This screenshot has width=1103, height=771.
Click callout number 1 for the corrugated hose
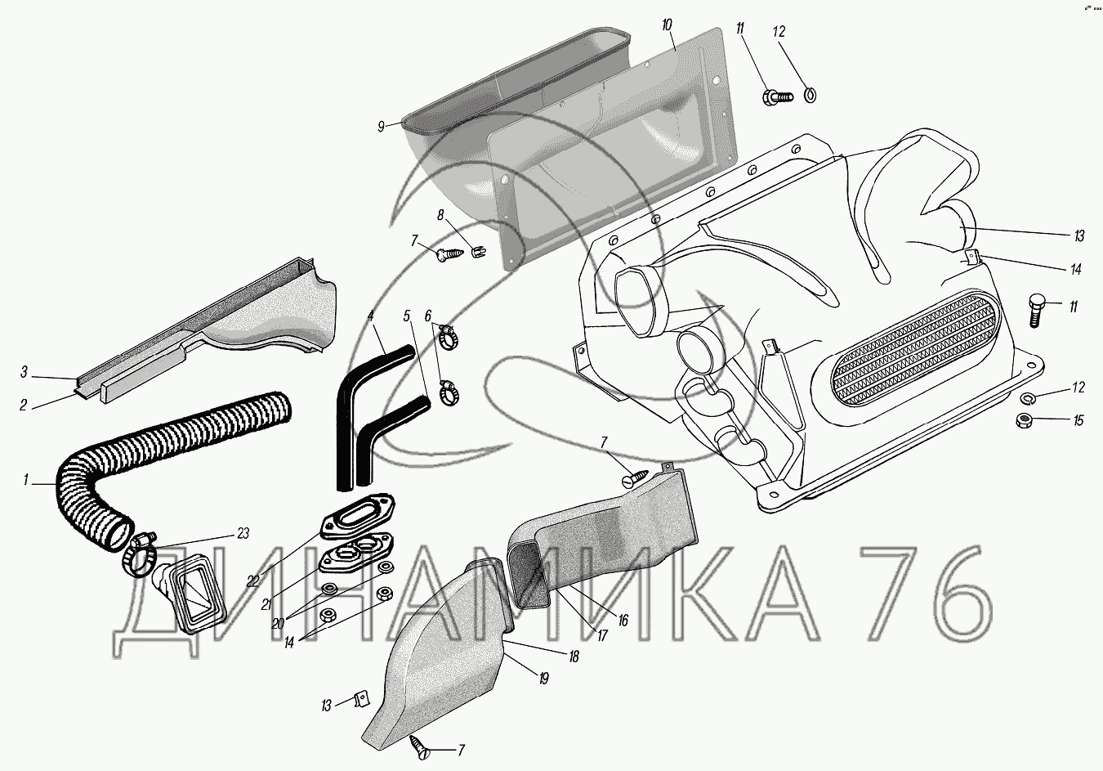click(x=27, y=482)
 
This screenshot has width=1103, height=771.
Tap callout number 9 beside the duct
click(x=381, y=126)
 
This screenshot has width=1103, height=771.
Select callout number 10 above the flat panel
click(x=667, y=25)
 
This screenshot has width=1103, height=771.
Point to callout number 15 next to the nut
click(x=1078, y=420)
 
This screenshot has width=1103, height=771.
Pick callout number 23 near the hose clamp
click(x=243, y=533)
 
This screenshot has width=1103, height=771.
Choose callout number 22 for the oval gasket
click(x=253, y=580)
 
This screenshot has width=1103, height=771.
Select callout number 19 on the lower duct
click(x=543, y=678)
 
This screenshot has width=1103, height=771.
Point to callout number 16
click(x=623, y=621)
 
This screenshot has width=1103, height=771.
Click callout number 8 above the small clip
click(x=440, y=216)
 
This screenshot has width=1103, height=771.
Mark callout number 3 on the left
click(x=25, y=373)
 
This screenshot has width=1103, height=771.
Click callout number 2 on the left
click(x=24, y=404)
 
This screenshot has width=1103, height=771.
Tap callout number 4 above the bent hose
click(x=370, y=314)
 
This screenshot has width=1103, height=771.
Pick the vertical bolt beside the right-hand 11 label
click(x=1034, y=309)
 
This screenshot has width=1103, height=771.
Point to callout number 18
click(x=574, y=656)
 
